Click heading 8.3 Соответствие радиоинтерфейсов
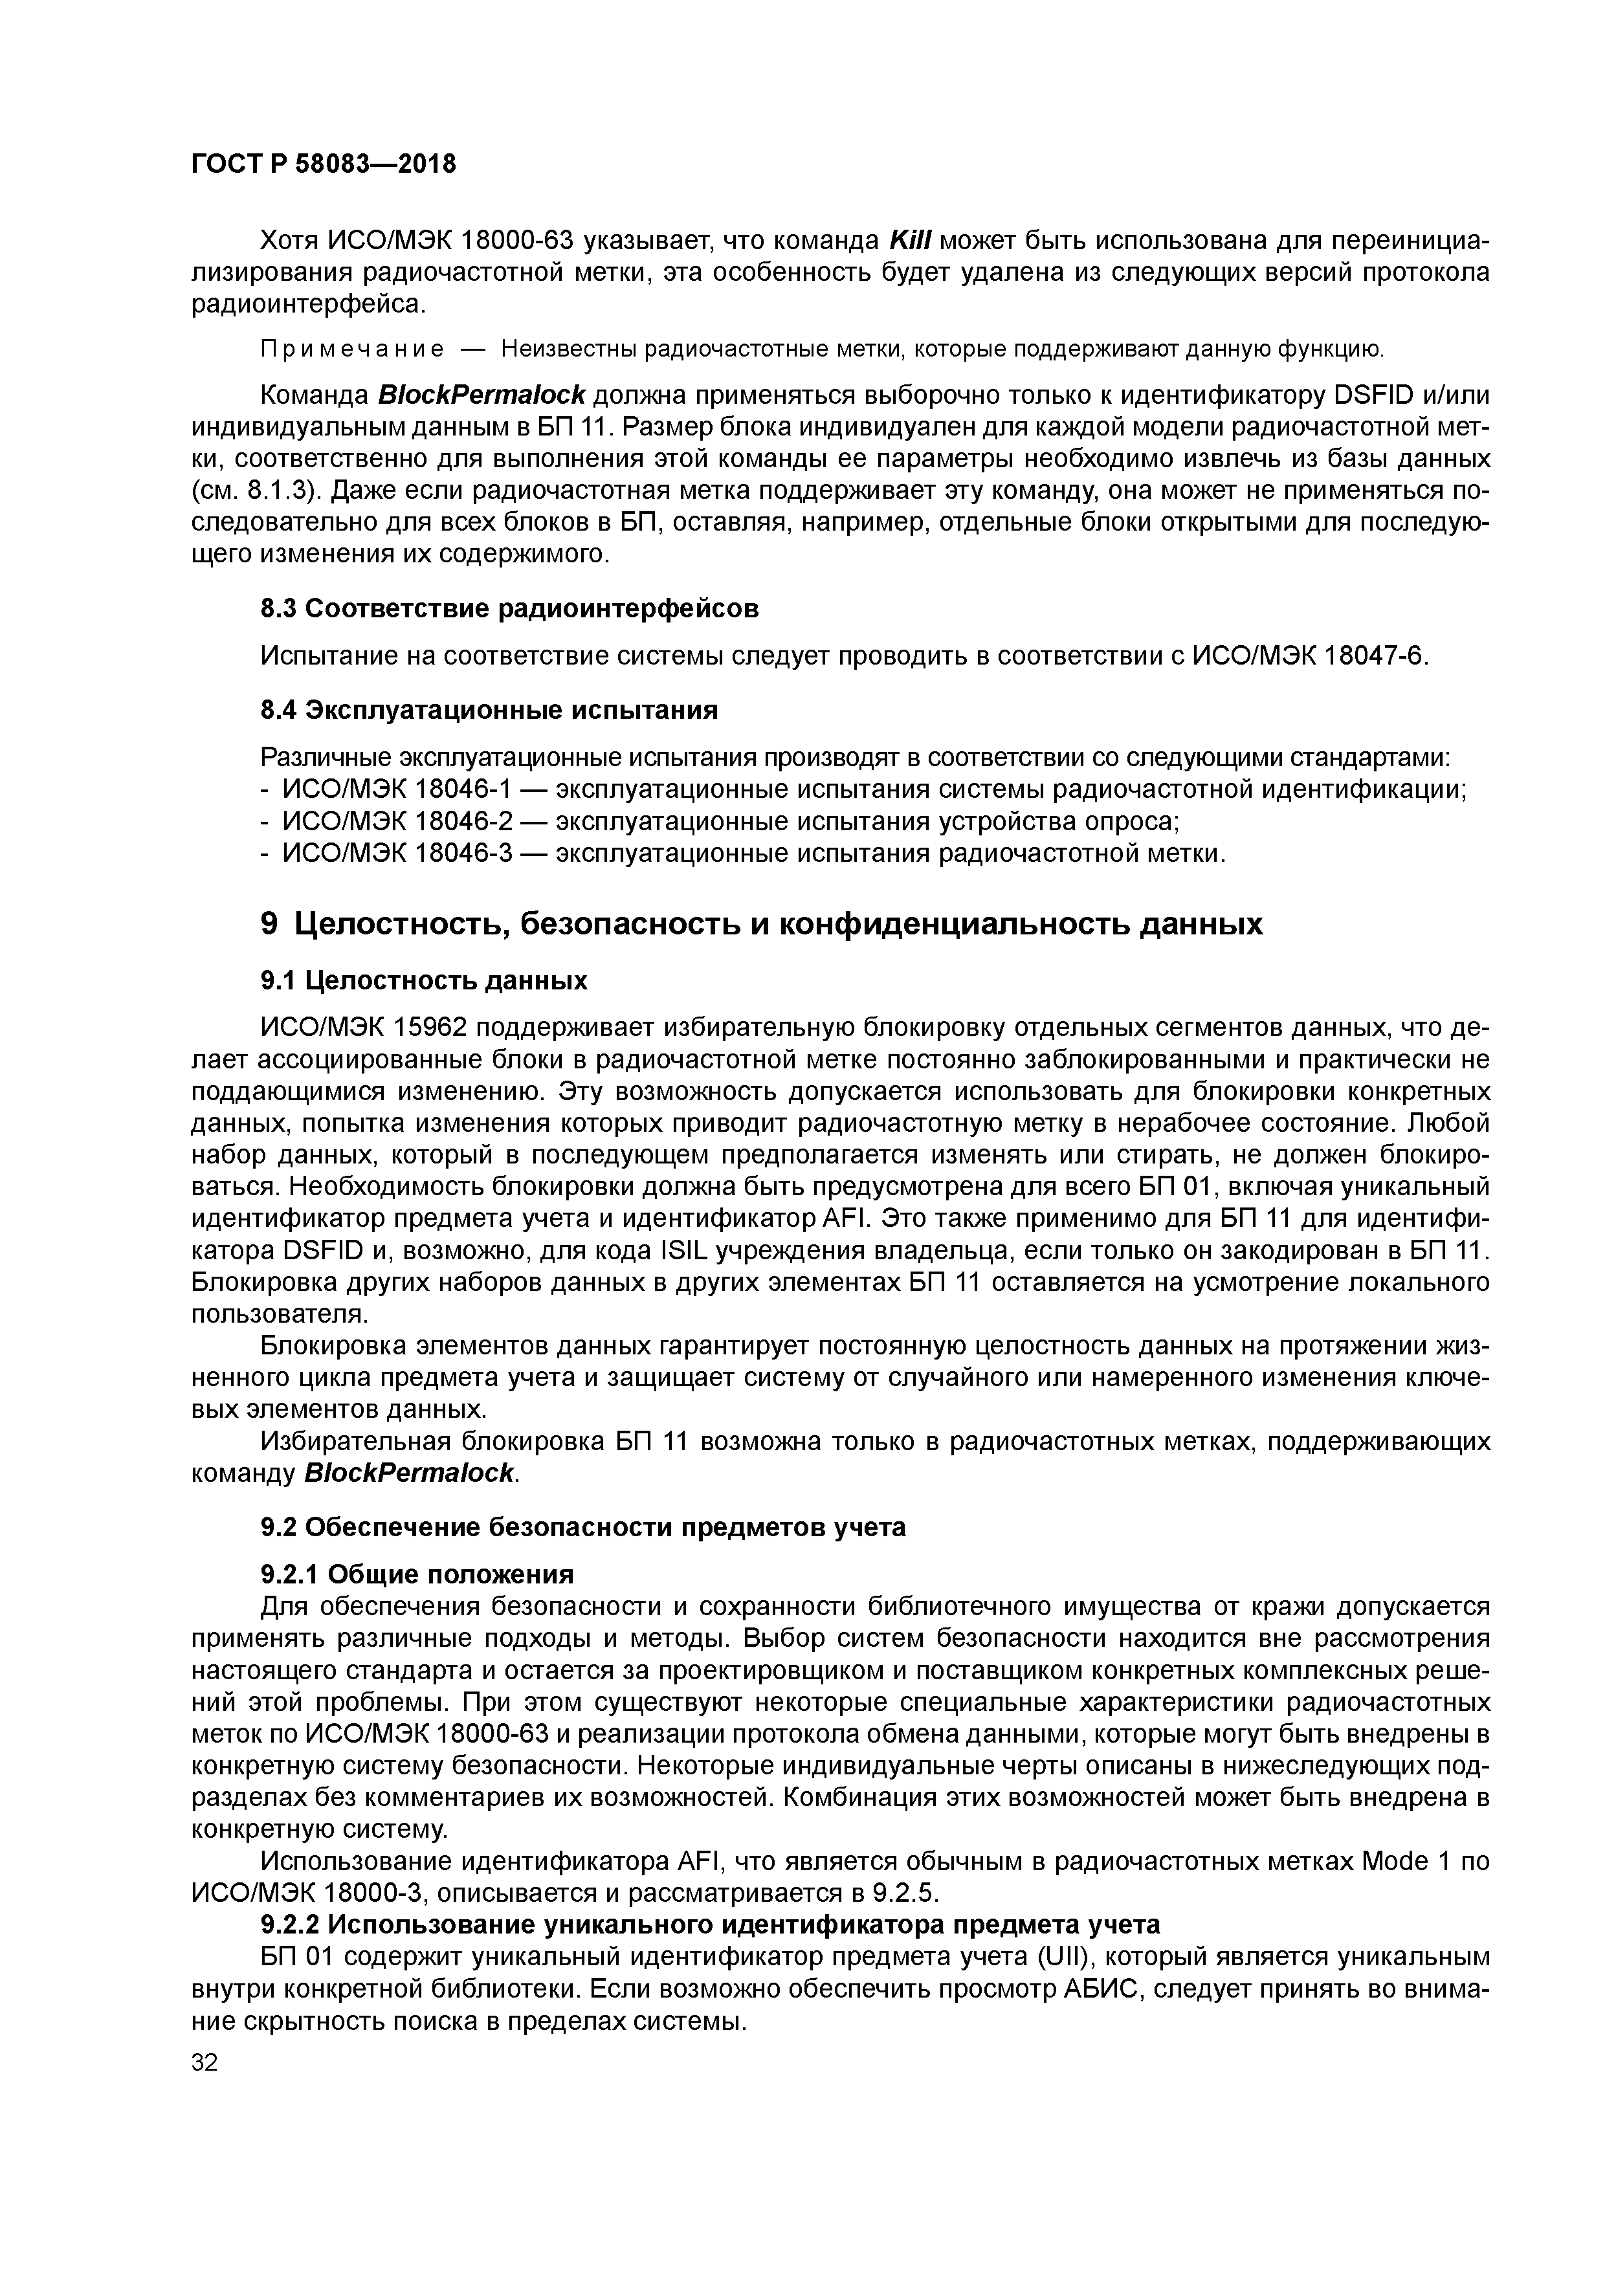point(509,608)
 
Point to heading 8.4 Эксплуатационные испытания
point(489,710)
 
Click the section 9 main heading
point(762,923)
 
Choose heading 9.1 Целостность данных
point(423,980)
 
